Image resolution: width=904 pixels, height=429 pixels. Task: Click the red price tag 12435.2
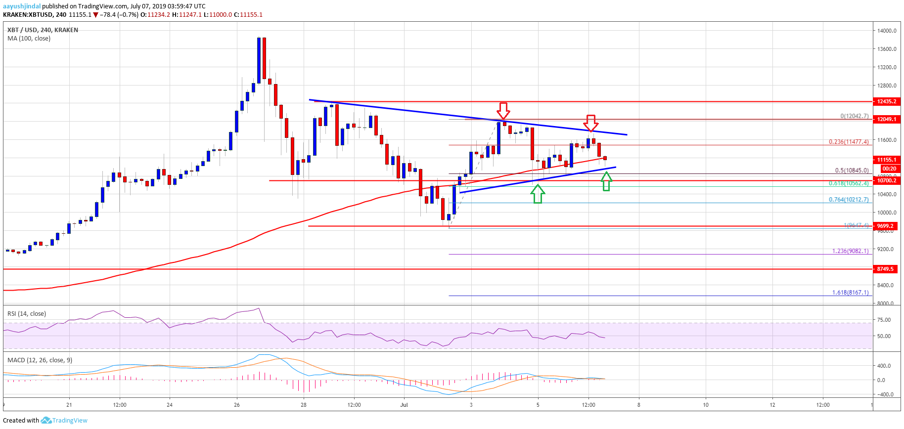point(887,101)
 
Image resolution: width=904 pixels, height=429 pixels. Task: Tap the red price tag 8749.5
point(885,269)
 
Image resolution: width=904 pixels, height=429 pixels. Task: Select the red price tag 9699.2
point(885,226)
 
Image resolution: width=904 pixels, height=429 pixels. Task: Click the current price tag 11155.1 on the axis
point(887,160)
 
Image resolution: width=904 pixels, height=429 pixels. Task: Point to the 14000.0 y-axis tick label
point(887,31)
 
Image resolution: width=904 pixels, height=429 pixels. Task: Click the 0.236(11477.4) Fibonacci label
point(849,142)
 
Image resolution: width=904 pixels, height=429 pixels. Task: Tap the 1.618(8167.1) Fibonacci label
point(850,293)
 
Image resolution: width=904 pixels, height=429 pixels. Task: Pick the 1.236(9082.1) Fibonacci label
point(850,251)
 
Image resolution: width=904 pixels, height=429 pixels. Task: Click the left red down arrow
point(503,111)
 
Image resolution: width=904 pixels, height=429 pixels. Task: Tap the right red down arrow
point(591,123)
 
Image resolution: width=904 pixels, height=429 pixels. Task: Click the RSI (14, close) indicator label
point(27,313)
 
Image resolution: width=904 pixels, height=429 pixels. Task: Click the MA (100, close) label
point(29,39)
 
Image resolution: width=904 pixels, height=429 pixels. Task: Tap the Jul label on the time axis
point(404,405)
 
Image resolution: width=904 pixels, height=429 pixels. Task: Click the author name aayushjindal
point(22,6)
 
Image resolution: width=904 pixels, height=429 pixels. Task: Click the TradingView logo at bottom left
point(64,420)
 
